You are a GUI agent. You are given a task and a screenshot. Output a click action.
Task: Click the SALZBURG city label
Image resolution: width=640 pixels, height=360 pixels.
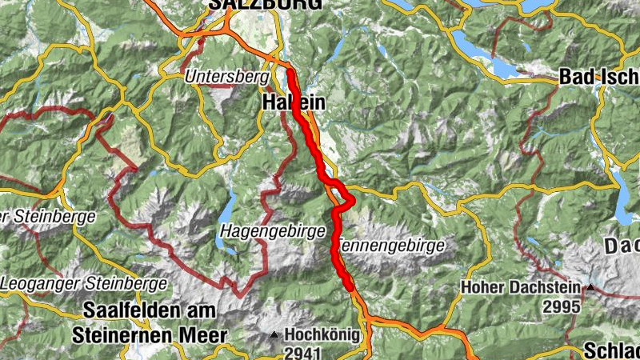[x=266, y=5]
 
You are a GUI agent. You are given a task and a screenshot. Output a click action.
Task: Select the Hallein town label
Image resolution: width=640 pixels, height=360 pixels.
[x=294, y=103]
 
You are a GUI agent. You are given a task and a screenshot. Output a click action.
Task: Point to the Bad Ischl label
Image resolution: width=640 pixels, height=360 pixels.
[x=598, y=78]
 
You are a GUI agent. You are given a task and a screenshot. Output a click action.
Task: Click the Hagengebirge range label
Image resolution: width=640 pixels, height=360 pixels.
[x=272, y=230]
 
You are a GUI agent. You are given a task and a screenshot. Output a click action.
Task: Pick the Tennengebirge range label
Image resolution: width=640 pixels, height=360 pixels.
[x=391, y=246]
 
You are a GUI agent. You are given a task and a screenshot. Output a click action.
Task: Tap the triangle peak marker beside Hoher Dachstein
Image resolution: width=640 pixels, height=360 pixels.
[x=590, y=287]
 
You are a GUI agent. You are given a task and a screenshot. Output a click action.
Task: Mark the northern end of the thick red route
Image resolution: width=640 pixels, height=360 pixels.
[x=290, y=73]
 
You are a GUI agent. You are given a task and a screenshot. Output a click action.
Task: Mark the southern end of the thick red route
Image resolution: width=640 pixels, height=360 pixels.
[x=350, y=286]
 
